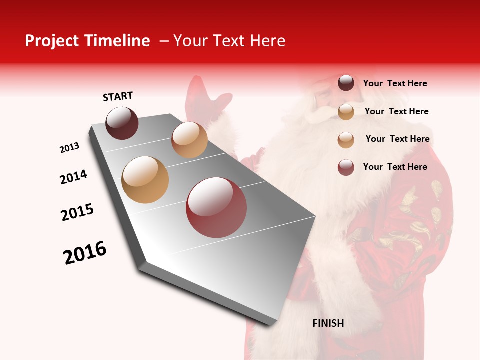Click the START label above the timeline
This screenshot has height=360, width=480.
(118, 96)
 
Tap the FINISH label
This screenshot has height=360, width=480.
(328, 323)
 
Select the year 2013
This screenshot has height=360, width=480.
(70, 148)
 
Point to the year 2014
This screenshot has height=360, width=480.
(74, 177)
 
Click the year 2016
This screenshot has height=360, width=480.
(85, 253)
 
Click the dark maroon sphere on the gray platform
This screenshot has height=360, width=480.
(122, 123)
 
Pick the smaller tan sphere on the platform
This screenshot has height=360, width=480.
(189, 140)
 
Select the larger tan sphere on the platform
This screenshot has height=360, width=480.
(145, 180)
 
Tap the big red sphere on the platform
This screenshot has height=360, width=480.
(216, 207)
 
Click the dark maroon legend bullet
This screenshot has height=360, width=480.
(346, 83)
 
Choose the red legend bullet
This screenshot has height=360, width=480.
(346, 167)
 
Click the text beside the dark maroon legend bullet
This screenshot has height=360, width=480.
(395, 83)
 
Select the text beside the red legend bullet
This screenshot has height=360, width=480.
(395, 167)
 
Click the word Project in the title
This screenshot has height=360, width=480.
(52, 41)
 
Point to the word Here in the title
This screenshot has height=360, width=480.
(267, 41)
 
